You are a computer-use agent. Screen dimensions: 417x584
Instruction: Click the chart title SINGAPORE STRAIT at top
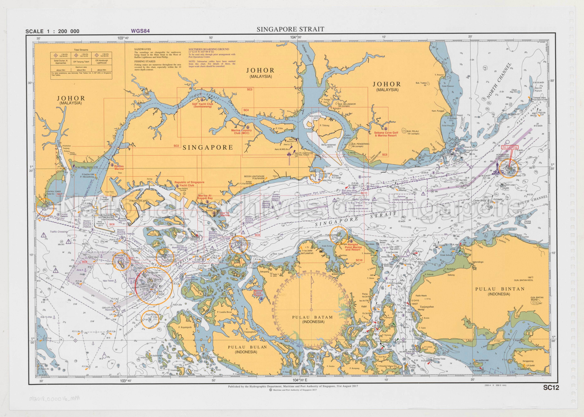[290, 29]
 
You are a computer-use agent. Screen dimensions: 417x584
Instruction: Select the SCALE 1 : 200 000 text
[52, 31]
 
